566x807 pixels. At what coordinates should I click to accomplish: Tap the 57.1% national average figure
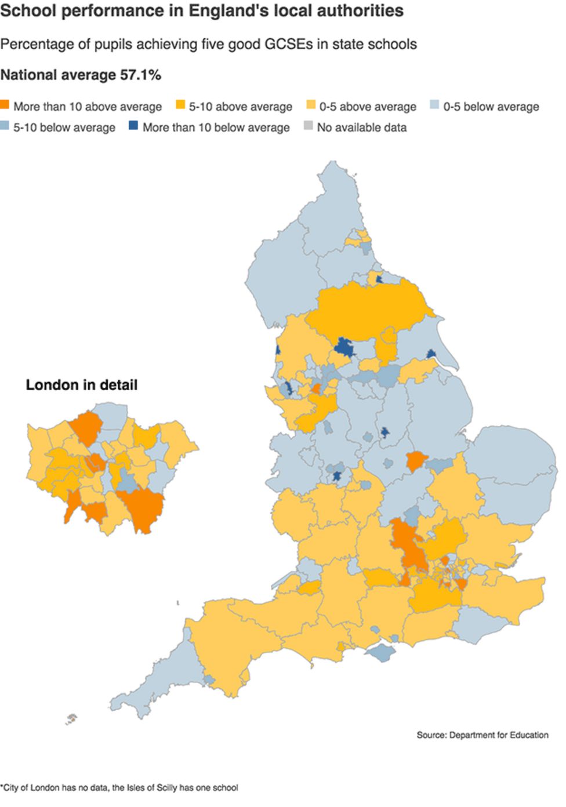coord(140,75)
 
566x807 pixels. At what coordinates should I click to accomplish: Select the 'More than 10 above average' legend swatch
coord(5,106)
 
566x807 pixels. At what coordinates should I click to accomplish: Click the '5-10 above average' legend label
coord(240,107)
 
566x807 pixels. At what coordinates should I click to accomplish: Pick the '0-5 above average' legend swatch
coord(311,106)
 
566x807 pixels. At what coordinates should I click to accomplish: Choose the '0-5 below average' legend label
coord(491,107)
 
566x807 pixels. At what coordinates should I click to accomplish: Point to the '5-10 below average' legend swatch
coord(5,126)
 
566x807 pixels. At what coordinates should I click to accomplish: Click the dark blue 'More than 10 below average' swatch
coord(133,126)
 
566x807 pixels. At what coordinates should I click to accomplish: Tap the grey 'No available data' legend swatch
coord(308,126)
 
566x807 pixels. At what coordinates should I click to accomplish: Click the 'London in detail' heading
coord(82,385)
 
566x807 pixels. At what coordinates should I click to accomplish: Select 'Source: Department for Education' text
coord(482,735)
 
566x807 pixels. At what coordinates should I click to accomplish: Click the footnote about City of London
coord(119,787)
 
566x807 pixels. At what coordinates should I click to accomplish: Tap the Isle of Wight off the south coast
coord(380,653)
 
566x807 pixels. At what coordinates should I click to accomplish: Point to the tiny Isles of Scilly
coord(71,719)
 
